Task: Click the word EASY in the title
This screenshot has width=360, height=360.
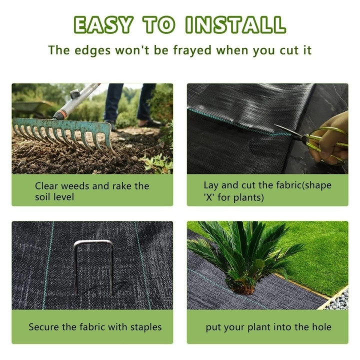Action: click(x=104, y=24)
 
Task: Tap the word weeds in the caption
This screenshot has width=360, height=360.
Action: click(x=74, y=186)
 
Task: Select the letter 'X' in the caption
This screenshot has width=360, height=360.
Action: click(x=210, y=197)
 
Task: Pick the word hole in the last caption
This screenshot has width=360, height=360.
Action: click(x=320, y=327)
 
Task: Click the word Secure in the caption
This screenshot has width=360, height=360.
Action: click(x=44, y=327)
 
